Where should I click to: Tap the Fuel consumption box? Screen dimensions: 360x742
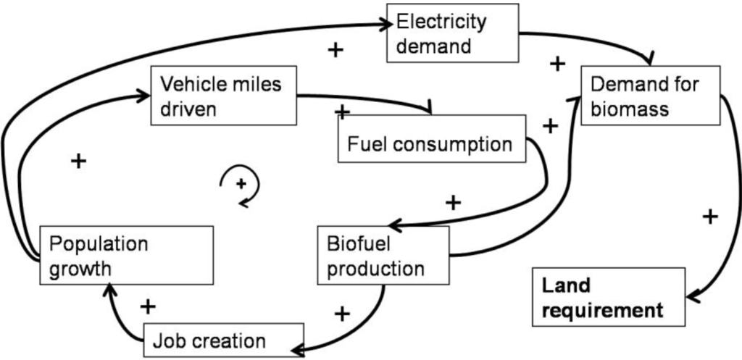click(x=430, y=142)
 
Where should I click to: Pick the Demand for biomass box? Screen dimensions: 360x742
click(x=649, y=96)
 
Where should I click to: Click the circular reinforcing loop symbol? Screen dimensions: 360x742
click(x=241, y=187)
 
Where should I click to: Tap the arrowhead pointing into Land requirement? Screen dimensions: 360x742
click(x=689, y=296)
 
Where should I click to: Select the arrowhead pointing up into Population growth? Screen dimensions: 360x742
click(x=109, y=291)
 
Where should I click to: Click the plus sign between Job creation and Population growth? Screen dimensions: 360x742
click(x=148, y=306)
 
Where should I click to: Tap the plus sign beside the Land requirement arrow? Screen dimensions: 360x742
click(x=711, y=216)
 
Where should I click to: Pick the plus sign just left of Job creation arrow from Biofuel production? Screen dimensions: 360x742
click(x=343, y=313)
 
